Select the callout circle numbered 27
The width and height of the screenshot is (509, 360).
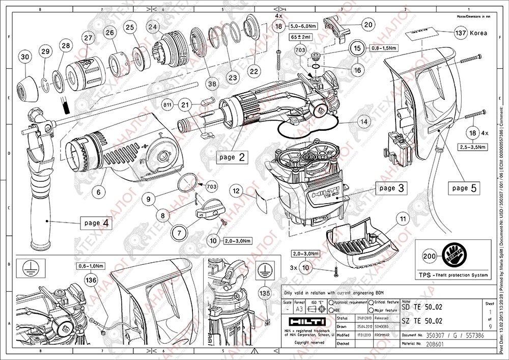click(89, 38)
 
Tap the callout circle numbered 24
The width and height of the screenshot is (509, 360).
click(152, 26)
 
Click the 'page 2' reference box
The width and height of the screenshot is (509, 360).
click(231, 157)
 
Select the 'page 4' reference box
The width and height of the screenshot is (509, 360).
click(96, 223)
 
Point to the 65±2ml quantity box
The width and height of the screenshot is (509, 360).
click(302, 37)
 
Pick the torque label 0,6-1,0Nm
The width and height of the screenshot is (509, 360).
click(91, 266)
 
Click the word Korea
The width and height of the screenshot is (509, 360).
click(478, 33)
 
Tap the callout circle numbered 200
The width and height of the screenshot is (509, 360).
click(430, 257)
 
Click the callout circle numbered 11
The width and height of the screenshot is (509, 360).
click(403, 219)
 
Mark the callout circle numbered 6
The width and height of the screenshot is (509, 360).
click(100, 192)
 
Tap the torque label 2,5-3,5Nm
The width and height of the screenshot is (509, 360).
click(470, 147)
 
